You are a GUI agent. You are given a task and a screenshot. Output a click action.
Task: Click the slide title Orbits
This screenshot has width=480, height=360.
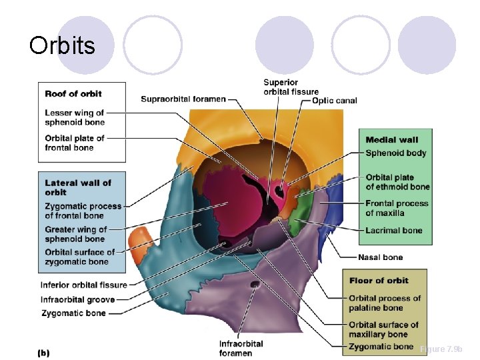[x=62, y=45]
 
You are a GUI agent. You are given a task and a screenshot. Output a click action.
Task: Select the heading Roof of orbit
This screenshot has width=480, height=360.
[x=73, y=93]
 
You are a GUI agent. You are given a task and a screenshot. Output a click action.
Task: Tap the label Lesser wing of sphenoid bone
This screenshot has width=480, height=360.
[x=74, y=117]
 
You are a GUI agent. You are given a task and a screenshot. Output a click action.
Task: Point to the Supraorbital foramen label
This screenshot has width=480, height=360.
[x=183, y=99]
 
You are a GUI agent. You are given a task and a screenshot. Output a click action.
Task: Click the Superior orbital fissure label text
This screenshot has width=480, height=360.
[x=291, y=87]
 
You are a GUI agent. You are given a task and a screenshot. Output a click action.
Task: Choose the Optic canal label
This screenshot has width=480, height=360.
[x=335, y=101]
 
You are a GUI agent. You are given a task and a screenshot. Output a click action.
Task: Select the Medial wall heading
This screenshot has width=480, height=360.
[x=391, y=139]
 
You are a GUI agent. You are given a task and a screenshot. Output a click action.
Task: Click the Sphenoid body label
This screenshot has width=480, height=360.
[x=395, y=153]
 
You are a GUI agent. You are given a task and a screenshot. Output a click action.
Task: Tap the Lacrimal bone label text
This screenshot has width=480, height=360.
[x=393, y=230]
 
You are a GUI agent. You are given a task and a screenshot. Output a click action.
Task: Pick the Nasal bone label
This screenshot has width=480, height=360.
[x=380, y=257]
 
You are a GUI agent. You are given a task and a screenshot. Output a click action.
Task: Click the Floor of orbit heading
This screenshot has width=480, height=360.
[x=379, y=280]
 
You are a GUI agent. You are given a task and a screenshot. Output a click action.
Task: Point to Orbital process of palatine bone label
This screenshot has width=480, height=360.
[x=385, y=303]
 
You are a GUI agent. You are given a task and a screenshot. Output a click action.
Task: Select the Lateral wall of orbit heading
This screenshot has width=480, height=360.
[x=78, y=187]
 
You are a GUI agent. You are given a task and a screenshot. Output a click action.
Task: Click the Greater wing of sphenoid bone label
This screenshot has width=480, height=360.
[x=75, y=234]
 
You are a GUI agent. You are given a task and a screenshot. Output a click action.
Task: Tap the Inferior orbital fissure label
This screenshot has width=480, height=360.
[x=83, y=285]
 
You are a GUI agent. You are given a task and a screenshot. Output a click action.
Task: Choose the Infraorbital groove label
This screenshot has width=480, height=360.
[x=77, y=299]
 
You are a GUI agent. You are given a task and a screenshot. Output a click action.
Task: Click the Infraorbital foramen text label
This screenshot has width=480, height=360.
[x=241, y=348]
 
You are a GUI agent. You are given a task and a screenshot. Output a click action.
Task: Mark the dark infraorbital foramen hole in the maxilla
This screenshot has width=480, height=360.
[x=254, y=285]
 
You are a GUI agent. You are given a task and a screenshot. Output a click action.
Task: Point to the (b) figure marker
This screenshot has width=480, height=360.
[x=43, y=352]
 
